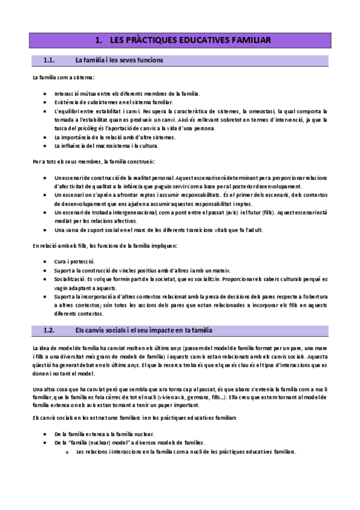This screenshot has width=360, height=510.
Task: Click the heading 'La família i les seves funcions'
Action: coord(119,60)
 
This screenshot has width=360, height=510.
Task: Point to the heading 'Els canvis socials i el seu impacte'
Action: coord(143,331)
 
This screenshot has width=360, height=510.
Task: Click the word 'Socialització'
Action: coord(69,279)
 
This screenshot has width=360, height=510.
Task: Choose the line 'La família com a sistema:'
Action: coord(63,78)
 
